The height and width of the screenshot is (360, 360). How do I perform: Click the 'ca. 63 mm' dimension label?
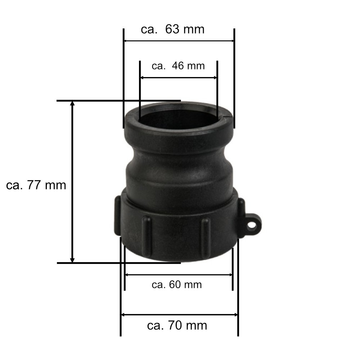[172, 30]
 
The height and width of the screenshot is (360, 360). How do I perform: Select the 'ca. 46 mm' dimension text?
[178, 66]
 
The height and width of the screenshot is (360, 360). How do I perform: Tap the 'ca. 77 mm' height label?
[36, 185]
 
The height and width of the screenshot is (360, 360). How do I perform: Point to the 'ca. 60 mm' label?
[177, 285]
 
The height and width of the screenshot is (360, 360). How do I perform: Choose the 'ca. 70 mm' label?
[177, 325]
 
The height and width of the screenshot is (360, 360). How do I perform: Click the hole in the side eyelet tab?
[252, 225]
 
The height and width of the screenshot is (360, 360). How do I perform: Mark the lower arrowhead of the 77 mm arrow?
[72, 260]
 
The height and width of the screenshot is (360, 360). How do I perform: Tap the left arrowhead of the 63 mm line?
[126, 41]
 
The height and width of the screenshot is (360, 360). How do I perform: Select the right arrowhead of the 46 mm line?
[215, 78]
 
